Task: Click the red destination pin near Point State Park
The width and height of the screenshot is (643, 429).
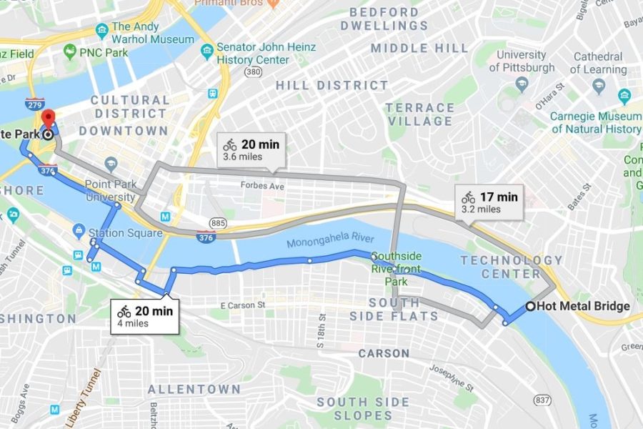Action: [x=48, y=119]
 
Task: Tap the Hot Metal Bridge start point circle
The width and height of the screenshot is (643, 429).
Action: [x=530, y=307]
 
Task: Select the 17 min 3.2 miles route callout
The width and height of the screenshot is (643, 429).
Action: [x=490, y=202]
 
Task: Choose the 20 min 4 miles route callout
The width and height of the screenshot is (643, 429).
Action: [x=146, y=316]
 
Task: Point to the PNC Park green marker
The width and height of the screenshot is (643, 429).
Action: [x=69, y=51]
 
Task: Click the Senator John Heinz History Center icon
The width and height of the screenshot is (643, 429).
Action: [x=206, y=51]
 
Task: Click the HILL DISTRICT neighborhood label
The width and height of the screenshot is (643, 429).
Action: [x=332, y=86]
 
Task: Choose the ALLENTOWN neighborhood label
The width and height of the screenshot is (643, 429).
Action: [x=194, y=390]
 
